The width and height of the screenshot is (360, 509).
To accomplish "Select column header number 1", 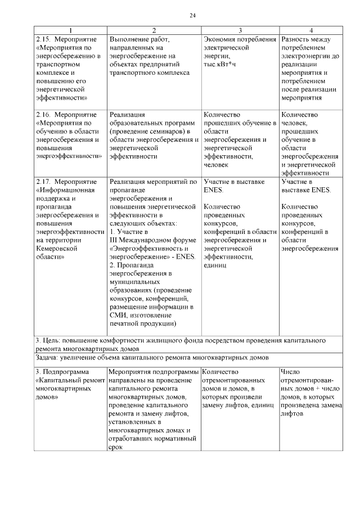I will point(70,30).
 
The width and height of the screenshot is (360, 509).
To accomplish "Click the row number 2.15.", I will point(43,39).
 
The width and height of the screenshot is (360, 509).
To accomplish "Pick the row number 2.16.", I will point(43,114).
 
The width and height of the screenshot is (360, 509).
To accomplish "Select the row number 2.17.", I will point(43,182).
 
